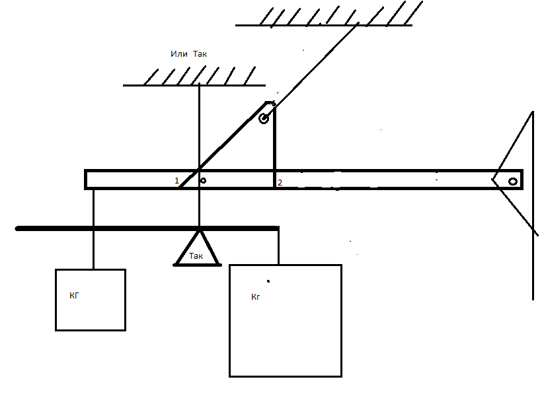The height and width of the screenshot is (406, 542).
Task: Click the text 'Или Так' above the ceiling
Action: coord(189,54)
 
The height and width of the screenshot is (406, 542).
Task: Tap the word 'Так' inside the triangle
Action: coord(196,256)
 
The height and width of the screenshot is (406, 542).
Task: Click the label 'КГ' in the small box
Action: coord(74,296)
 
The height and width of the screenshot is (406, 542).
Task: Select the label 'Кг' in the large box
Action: coord(255,297)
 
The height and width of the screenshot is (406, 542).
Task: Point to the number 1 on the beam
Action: coord(176,181)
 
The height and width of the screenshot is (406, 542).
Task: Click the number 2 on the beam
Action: coord(280,183)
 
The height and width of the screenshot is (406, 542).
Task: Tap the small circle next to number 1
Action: coord(204,181)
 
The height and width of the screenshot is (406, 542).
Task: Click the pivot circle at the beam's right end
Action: coord(513,182)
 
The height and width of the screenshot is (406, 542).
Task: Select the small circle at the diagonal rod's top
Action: coord(264,119)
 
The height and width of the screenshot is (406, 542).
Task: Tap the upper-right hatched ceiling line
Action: coord(324,25)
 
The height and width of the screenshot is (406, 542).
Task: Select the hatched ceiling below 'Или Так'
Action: coord(194,85)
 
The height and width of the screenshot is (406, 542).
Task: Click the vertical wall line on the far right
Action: coord(533,205)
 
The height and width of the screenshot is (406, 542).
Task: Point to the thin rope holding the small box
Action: coord(93,229)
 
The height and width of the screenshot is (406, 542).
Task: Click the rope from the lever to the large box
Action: coord(279,246)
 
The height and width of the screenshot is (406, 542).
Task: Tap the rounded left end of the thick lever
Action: coord(17,228)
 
